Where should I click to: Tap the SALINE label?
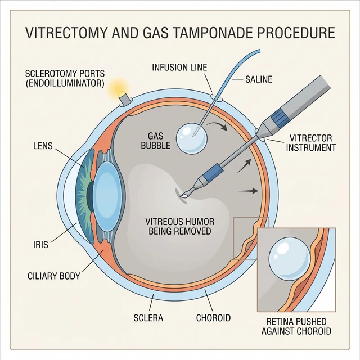[x=259, y=79]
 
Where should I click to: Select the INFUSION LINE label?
[x=179, y=67]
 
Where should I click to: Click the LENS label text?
[x=43, y=146]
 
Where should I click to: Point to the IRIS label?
[x=41, y=245]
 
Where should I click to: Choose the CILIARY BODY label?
[x=54, y=276]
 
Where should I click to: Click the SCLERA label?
[x=149, y=318]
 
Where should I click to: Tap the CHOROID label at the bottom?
[x=213, y=318]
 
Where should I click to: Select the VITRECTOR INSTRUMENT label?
[x=310, y=143]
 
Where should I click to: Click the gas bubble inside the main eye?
[x=191, y=138]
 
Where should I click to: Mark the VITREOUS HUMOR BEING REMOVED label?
[x=178, y=226]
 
